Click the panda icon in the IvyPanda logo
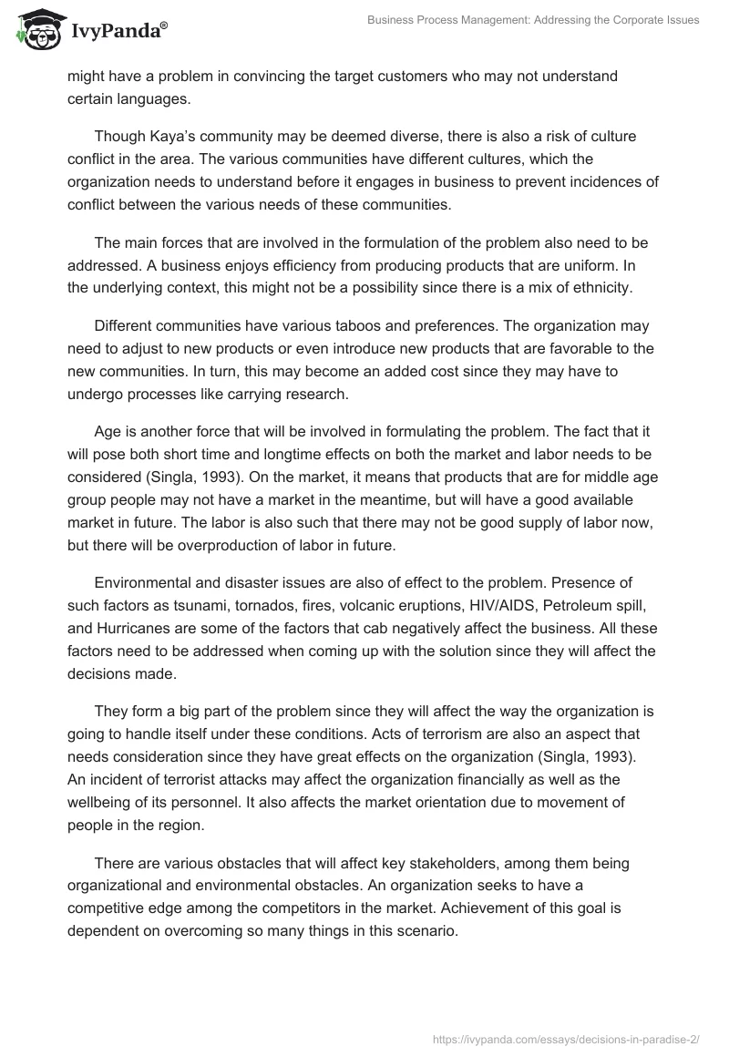click(37, 31)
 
